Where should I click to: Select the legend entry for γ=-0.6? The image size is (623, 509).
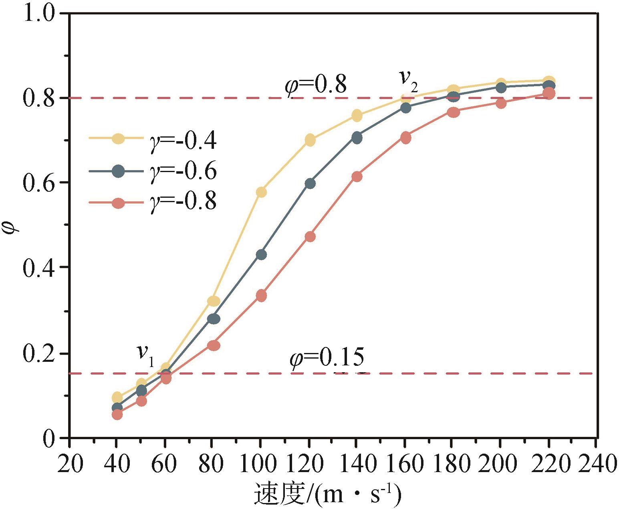[x=152, y=171]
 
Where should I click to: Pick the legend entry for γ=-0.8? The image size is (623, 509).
[x=152, y=201]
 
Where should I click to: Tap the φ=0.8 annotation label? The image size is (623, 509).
[x=315, y=85]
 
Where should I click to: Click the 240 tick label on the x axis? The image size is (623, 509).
[x=597, y=464]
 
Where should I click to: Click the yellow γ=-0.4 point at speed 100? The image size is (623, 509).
[x=261, y=192]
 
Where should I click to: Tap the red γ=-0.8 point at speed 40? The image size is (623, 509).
[x=117, y=414]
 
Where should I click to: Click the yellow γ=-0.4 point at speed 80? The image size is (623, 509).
[x=214, y=301]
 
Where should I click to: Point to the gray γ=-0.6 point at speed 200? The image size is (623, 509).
[x=501, y=87]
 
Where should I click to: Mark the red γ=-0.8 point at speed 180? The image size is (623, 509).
[x=453, y=112]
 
